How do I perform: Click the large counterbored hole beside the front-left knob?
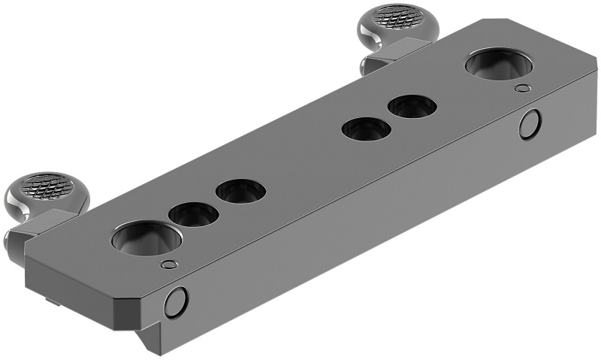pos(146,239)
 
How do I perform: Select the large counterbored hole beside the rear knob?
pos(497,65)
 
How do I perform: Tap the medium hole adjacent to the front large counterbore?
pos(193,215)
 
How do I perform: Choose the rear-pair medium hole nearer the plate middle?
pos(366,129)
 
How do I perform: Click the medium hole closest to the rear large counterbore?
pos(412,107)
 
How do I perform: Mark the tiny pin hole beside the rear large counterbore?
pos(522,89)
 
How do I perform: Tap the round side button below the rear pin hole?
pos(530,124)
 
